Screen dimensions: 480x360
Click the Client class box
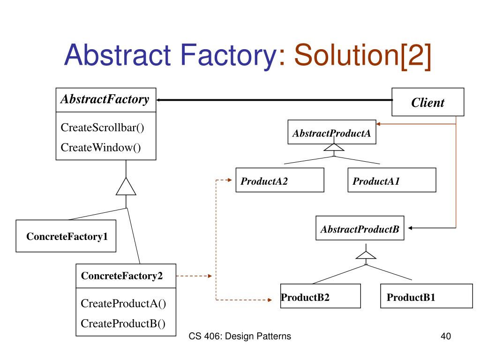428,102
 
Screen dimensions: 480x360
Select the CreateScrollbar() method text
102,127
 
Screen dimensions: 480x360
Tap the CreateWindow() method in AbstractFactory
101,147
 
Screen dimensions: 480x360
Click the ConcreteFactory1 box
66,236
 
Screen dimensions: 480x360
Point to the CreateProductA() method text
123,303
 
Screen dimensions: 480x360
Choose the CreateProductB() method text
123,323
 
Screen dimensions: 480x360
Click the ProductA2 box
280,180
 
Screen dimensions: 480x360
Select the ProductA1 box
392,180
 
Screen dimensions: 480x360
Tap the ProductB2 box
321,296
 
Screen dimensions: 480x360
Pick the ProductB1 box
427,296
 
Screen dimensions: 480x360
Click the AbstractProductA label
331,133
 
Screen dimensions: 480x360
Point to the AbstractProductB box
360,228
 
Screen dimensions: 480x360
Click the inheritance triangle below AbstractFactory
126,187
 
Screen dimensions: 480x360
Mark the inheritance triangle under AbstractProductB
366,255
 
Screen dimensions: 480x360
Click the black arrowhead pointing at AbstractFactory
159,100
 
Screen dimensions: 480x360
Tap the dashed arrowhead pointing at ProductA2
230,180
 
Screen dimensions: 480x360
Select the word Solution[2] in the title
363,56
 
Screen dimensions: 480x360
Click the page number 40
446,336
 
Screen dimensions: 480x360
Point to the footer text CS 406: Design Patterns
240,336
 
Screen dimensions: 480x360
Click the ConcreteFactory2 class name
122,276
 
